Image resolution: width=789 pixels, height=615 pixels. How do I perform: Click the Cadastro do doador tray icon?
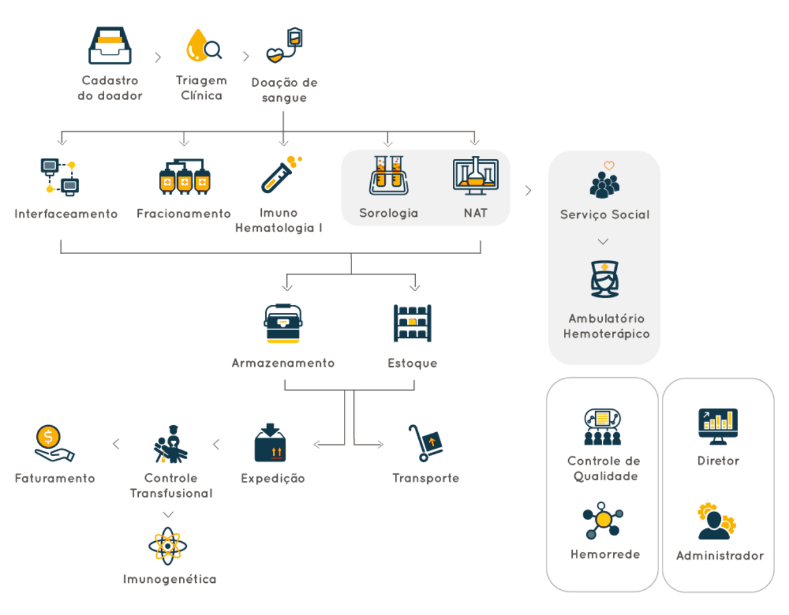click(x=110, y=45)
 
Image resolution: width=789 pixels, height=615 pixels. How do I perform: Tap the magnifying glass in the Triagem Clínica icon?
click(x=213, y=50)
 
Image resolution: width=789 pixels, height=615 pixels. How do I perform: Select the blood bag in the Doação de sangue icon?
click(x=295, y=37)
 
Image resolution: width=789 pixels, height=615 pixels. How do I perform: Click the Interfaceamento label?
click(x=66, y=213)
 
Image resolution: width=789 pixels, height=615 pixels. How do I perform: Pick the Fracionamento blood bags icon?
click(x=185, y=176)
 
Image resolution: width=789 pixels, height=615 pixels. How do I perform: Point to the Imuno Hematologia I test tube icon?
click(x=281, y=175)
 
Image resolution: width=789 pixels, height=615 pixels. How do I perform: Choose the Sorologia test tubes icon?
click(x=388, y=175)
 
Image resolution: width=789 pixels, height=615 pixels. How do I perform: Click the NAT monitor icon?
click(x=476, y=176)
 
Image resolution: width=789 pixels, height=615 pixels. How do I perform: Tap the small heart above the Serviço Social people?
click(x=609, y=166)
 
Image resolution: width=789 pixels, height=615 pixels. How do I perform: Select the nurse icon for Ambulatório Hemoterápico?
click(x=604, y=279)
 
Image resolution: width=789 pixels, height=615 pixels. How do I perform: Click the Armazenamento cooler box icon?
click(x=284, y=323)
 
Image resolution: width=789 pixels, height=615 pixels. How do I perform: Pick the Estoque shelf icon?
click(x=412, y=323)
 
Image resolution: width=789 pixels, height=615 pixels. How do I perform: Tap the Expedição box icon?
click(x=270, y=442)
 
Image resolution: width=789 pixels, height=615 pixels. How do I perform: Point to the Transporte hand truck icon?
click(x=425, y=443)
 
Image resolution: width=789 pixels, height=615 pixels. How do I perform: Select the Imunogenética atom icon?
click(x=168, y=546)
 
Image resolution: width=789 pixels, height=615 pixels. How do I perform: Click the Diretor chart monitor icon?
click(x=718, y=426)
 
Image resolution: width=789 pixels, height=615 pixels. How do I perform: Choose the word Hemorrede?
click(x=605, y=554)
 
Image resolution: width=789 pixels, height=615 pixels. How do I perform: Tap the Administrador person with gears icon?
click(x=716, y=521)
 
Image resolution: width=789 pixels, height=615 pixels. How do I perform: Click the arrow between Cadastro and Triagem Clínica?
click(x=158, y=57)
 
